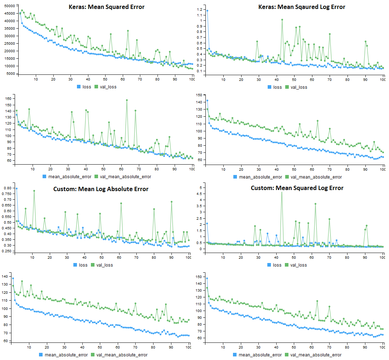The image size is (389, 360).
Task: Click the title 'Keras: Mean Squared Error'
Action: [107, 6]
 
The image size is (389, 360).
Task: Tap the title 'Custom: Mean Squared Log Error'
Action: [297, 188]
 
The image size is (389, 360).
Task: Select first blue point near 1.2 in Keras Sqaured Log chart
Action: [207, 11]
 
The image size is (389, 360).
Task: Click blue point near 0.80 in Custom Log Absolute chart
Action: [16, 188]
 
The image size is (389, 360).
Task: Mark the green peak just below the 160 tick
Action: [127, 100]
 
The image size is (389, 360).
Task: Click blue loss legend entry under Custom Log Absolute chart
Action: [81, 265]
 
